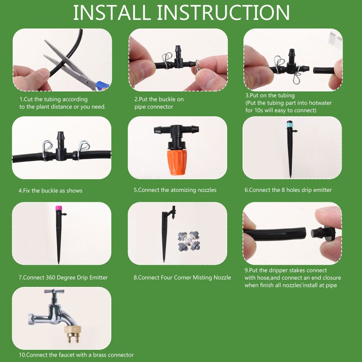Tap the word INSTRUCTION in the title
click(223, 13)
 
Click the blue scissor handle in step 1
click(102, 85)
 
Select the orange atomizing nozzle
click(176, 162)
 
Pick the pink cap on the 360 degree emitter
click(59, 208)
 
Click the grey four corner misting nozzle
click(189, 241)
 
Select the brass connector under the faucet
click(72, 333)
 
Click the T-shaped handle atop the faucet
click(54, 291)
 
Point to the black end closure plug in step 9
click(323, 233)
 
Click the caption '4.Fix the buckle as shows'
click(50, 191)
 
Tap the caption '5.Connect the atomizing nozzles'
click(175, 190)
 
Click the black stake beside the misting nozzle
click(167, 233)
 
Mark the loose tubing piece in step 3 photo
click(323, 70)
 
